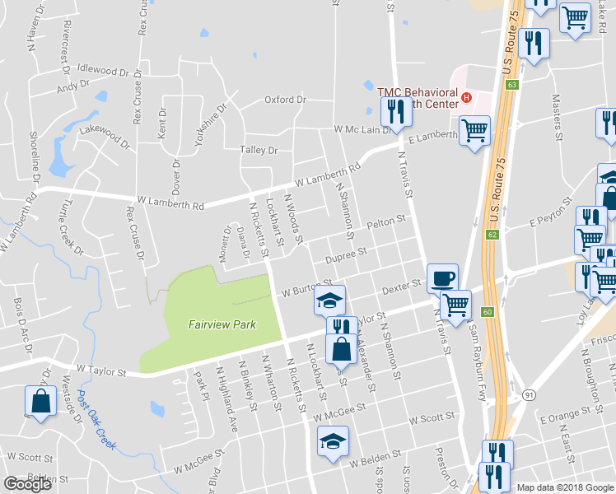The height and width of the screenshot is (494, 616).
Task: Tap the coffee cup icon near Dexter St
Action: [x=442, y=278]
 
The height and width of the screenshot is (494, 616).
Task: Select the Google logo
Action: [x=28, y=483]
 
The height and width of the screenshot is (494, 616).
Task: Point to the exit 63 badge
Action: [x=512, y=85]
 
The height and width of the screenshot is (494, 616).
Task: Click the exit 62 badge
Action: [x=492, y=235]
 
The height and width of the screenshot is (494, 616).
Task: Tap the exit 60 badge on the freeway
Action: [x=488, y=311]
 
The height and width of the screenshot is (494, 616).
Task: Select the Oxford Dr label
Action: [x=285, y=100]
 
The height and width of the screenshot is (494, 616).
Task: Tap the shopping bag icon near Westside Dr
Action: [x=40, y=402]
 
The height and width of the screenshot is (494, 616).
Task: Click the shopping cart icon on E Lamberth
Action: [x=474, y=130]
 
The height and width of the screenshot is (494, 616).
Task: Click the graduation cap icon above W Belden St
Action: [x=333, y=440]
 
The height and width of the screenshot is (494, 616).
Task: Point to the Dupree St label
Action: [x=345, y=258]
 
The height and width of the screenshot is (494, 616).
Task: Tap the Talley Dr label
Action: [x=259, y=151]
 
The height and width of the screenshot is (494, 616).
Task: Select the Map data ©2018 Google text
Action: [x=566, y=487]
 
